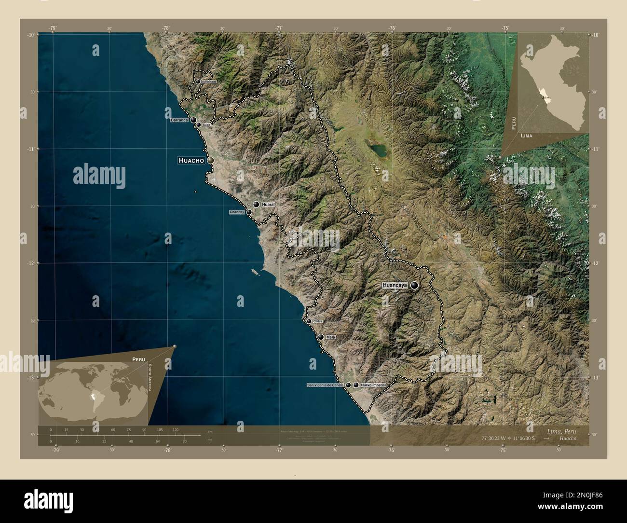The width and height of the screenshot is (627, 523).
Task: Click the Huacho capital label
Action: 191,160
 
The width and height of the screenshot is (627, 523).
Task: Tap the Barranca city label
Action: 178,120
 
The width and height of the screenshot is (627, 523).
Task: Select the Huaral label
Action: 268,205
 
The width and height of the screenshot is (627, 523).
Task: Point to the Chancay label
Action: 237,212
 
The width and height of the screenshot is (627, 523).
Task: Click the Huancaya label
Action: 395,285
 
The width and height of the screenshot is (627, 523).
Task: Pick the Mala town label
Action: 330,337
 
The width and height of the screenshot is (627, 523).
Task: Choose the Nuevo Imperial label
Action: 374,385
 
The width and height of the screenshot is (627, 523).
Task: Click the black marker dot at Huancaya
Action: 414,286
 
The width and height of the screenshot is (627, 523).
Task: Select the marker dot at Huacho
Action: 210,160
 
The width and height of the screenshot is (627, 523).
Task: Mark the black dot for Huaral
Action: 257,205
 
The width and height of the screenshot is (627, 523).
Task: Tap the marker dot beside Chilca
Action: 309,321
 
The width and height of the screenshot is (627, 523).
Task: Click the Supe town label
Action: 206,125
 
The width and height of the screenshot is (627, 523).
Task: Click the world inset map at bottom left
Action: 94,391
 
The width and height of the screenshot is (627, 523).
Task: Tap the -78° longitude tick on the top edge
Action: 166,28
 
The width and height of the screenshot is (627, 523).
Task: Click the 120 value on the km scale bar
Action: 175,430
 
